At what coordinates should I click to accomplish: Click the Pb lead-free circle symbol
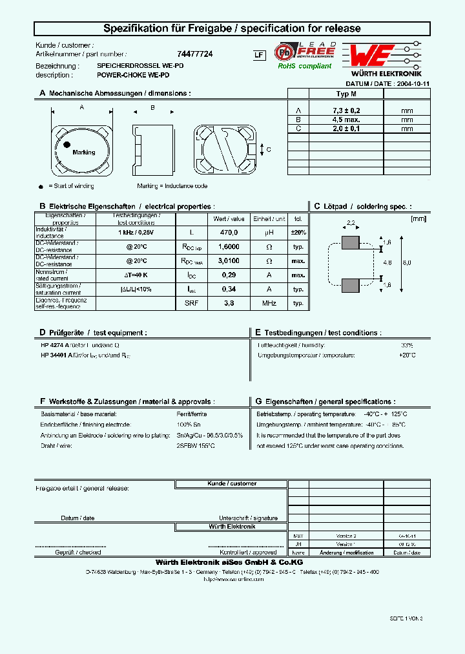coord(284,52)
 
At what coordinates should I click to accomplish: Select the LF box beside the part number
coord(258,56)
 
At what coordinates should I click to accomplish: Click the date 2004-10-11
coord(413,84)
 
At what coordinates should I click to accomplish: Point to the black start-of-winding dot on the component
coord(67,146)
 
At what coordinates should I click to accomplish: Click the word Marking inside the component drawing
coord(84,153)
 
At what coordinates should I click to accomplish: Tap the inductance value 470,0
coord(229,232)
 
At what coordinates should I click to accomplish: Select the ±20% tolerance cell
coord(298,232)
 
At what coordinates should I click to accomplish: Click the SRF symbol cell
coord(192,303)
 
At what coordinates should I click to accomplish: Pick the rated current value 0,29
coord(229,275)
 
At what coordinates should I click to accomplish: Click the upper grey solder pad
coord(350,242)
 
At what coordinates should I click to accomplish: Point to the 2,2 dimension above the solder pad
coord(351,223)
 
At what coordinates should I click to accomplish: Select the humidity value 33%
coord(407,345)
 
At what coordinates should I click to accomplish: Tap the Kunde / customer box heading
coord(232,484)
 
